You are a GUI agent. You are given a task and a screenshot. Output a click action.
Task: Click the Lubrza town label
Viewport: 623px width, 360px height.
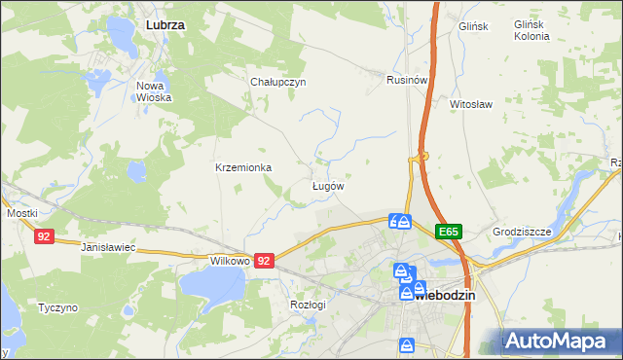[x=165, y=22]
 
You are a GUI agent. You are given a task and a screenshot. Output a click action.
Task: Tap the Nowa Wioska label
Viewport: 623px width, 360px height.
[x=154, y=91]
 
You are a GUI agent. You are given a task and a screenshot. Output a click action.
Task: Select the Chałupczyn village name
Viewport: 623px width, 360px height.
[x=278, y=82]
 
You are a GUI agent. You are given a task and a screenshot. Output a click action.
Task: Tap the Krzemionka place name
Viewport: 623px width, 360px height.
[x=243, y=167]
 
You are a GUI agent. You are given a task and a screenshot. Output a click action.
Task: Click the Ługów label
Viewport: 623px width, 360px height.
[x=327, y=185]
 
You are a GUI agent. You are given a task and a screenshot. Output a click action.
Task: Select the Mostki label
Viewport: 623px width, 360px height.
[x=21, y=212]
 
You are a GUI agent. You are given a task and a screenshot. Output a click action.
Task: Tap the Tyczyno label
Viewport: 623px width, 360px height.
[x=57, y=307]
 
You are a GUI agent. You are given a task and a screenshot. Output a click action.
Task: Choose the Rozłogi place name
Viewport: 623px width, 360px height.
[x=308, y=305]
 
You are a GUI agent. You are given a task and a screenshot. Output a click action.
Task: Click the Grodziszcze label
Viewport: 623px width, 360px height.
[x=522, y=233]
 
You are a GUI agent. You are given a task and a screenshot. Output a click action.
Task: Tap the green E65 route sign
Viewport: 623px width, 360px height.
[x=448, y=232]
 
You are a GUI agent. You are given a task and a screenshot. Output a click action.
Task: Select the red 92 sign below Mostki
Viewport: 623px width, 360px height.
[x=43, y=236]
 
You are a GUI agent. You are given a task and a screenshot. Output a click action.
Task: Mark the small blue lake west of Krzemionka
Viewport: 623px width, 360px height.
[x=136, y=172]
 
